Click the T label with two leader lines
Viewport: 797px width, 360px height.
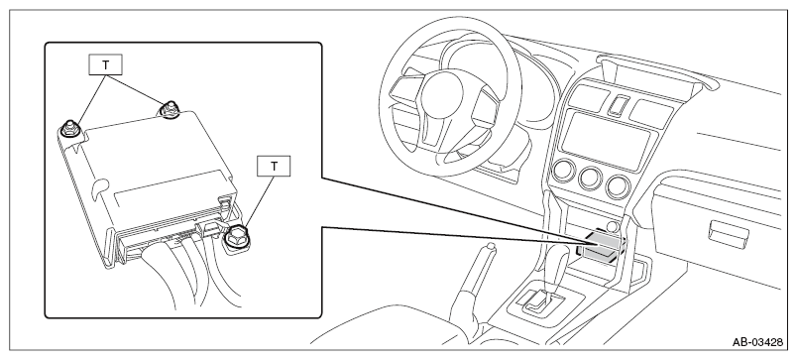tap(105, 65)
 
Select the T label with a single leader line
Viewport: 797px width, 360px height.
tap(274, 167)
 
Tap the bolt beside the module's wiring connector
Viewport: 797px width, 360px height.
tap(236, 236)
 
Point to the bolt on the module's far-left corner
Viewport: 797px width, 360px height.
tap(68, 129)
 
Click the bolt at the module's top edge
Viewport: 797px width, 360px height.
tap(169, 109)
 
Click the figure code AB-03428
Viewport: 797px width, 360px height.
tap(757, 342)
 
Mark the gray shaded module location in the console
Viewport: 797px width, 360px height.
tap(603, 246)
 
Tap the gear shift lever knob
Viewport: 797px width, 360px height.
tap(557, 259)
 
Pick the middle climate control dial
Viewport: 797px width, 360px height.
tap(591, 178)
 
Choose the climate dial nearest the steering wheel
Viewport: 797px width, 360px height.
tap(564, 171)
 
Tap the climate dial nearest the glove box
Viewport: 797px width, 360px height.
tap(619, 186)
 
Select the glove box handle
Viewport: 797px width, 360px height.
tap(729, 232)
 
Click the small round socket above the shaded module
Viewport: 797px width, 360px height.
tap(613, 227)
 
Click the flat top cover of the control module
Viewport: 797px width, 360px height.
tap(153, 163)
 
